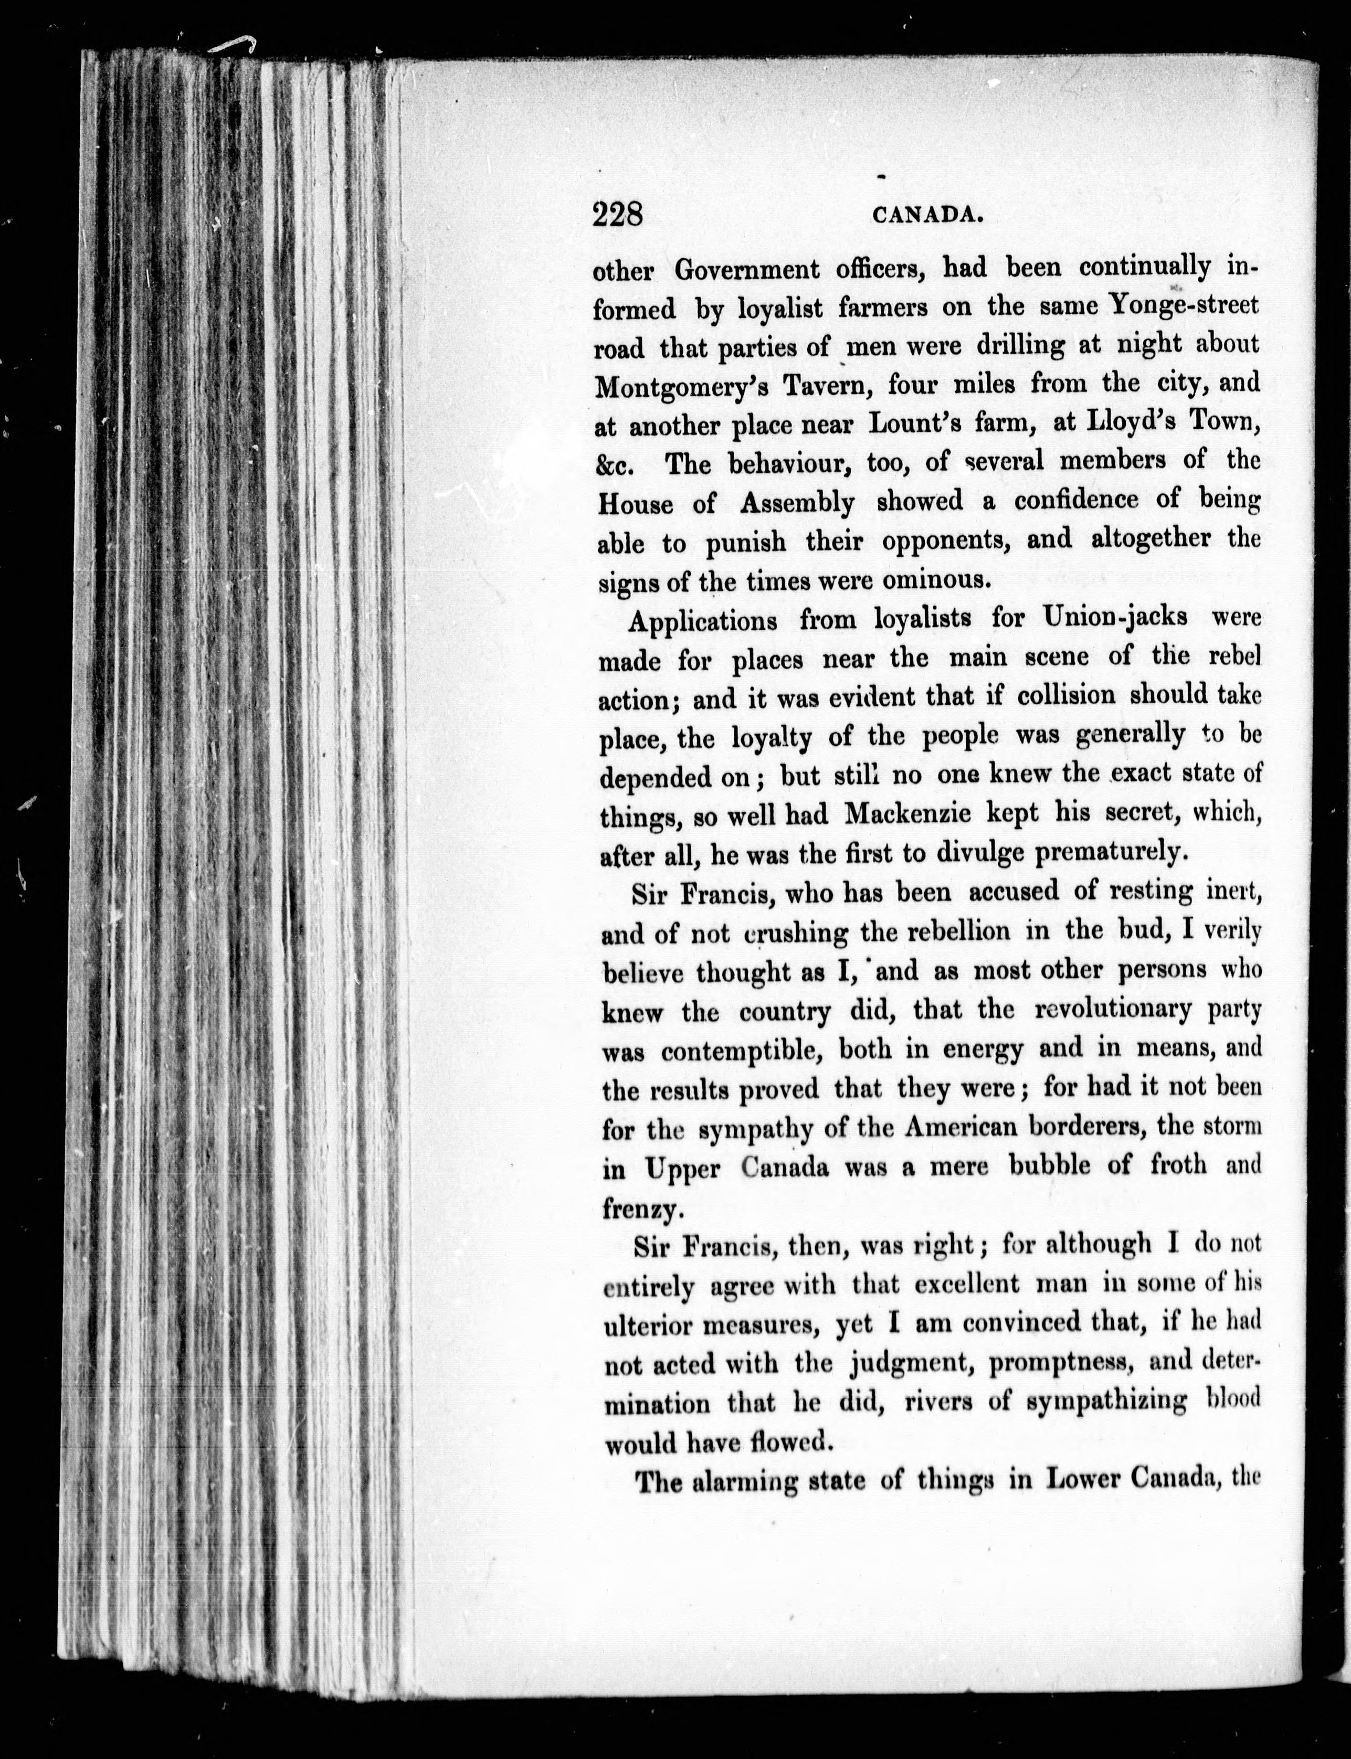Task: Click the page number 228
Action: pyautogui.click(x=618, y=216)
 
